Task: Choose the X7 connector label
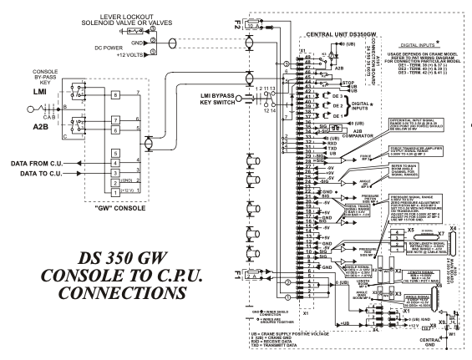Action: [419, 229]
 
